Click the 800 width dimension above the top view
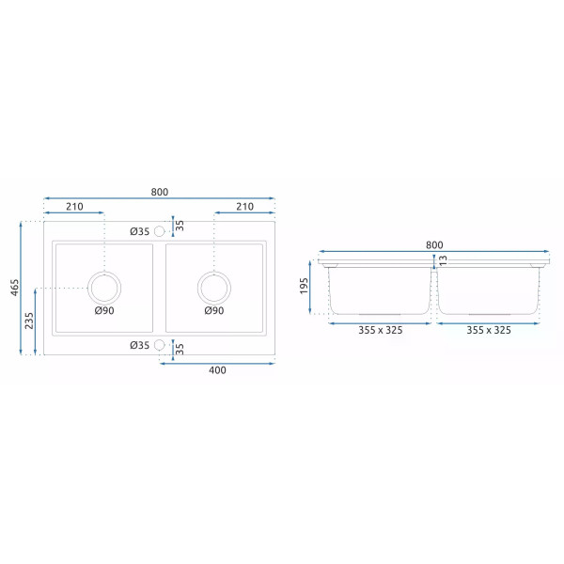coord(159,192)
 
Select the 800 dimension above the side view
coord(433,244)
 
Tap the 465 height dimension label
coord(14,289)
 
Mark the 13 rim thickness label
coord(443,259)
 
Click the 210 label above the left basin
coord(74,207)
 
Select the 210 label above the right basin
coord(244,207)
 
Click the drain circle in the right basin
coord(213,286)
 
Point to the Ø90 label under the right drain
coord(213,311)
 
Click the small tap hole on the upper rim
coord(159,231)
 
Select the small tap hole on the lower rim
coord(159,345)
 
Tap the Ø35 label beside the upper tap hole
coord(139,231)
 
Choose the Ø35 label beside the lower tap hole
coord(139,345)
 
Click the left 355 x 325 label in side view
coord(381,330)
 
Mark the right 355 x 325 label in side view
coord(489,330)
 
